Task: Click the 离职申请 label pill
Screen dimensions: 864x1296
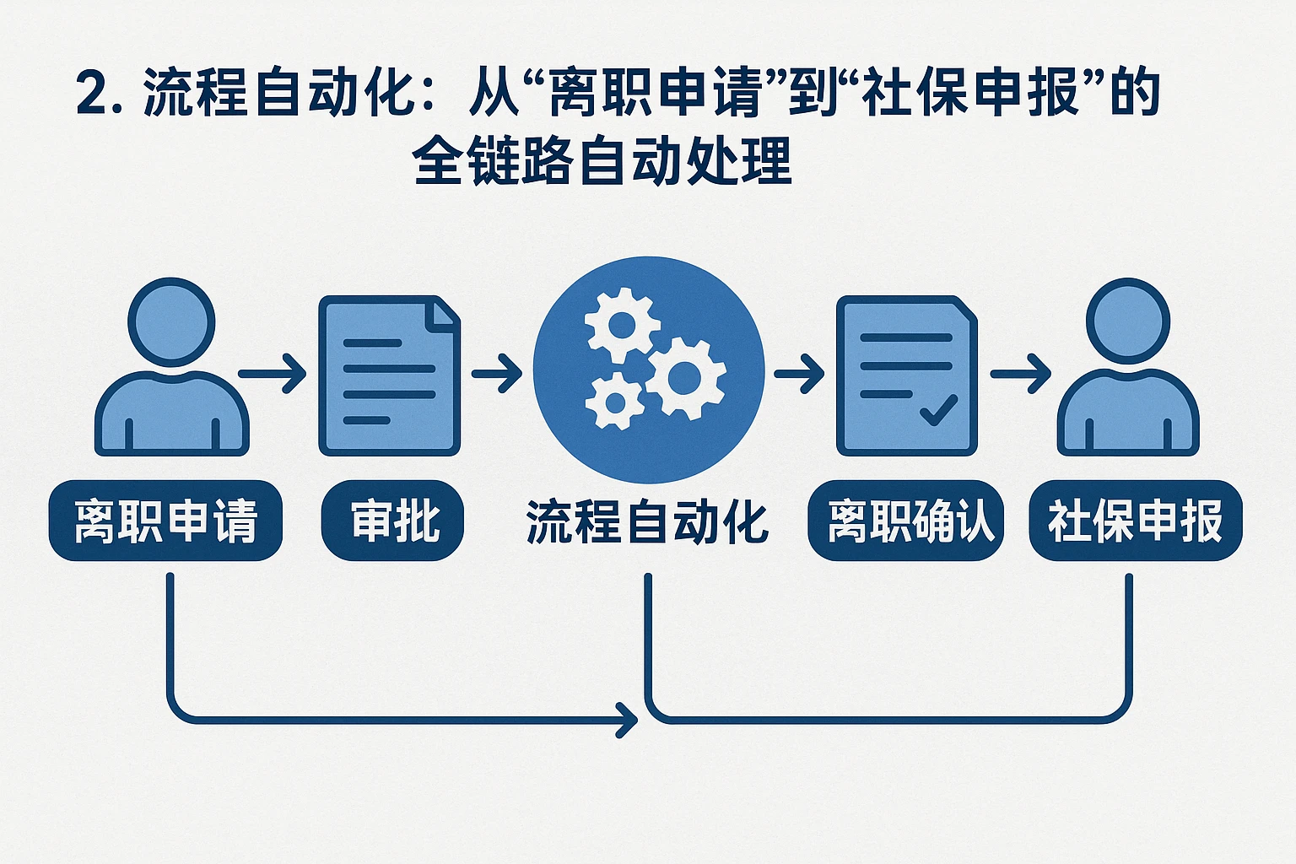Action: click(165, 521)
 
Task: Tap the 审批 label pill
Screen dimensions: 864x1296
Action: click(392, 521)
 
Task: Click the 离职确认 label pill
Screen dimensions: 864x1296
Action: click(905, 521)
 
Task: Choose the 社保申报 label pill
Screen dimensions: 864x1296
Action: click(1135, 521)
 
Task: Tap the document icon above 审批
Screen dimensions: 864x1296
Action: click(389, 375)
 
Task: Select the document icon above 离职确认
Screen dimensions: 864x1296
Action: click(906, 375)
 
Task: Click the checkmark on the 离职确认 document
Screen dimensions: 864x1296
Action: click(938, 409)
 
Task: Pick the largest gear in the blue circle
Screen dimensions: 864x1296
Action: click(685, 377)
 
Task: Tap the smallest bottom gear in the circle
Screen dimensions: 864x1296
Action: click(613, 401)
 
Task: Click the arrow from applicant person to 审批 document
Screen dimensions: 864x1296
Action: click(273, 373)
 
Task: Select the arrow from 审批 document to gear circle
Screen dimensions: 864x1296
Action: click(497, 373)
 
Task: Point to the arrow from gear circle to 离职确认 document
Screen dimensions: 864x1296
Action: click(799, 373)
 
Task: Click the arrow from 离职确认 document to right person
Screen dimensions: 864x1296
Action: click(1021, 373)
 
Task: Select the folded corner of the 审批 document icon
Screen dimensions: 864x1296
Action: click(444, 312)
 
